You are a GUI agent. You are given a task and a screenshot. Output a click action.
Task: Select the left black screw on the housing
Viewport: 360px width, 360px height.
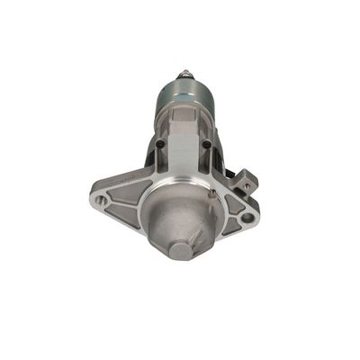tap(159, 145)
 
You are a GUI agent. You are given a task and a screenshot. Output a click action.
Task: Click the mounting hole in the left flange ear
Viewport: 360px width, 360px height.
tap(102, 201)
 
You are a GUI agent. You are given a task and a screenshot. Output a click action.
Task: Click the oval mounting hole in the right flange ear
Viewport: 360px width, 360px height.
tap(248, 217)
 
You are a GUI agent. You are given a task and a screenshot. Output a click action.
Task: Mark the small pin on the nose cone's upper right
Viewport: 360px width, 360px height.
tap(213, 192)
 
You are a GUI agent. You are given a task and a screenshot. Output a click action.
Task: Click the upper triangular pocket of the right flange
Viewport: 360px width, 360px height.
tap(232, 201)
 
